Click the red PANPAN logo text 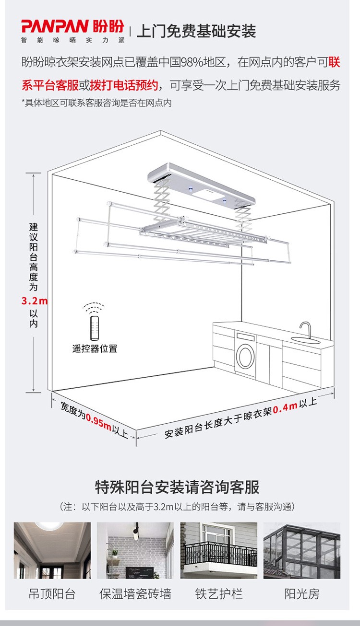point(55,26)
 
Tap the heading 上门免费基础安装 point(196,31)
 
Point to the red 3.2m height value point(35,301)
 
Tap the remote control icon point(95,327)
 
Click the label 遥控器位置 point(95,349)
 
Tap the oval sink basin point(305,340)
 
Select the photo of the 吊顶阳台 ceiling point(52,550)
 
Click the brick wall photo point(135,550)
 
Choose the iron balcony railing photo point(218,550)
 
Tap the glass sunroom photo point(302,550)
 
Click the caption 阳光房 point(302,594)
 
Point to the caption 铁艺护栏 point(218,594)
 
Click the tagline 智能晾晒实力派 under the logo point(73,40)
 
